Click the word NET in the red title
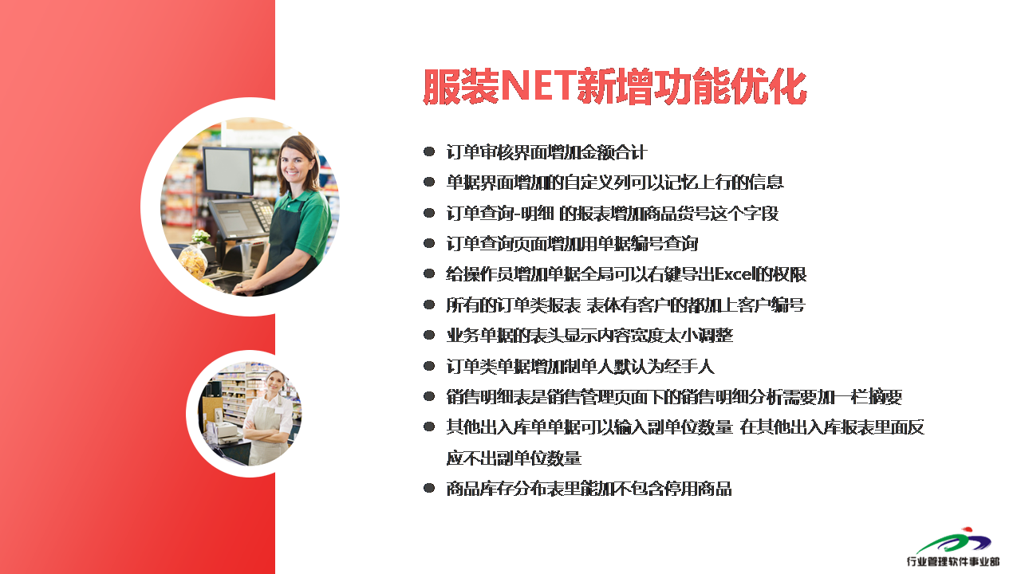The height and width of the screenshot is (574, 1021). (x=538, y=86)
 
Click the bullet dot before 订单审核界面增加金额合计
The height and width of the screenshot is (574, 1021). (x=429, y=151)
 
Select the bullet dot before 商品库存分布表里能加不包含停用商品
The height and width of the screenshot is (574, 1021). (x=429, y=489)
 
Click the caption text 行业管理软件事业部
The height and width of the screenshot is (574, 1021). (x=953, y=561)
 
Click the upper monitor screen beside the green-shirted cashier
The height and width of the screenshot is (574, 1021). (x=227, y=170)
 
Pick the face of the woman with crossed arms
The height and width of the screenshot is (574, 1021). (x=276, y=382)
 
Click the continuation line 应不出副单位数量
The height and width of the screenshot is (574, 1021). (x=514, y=458)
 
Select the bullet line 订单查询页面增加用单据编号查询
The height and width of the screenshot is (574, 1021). (x=572, y=244)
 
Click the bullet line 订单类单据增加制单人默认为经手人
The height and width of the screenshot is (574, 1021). (x=580, y=366)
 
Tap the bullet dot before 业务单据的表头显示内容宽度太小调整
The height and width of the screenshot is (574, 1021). (x=429, y=336)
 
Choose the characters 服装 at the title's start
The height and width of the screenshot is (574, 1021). (x=461, y=86)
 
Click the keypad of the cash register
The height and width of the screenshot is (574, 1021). (x=263, y=213)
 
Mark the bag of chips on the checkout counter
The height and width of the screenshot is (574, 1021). (x=192, y=261)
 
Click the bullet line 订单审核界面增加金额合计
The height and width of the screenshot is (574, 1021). (x=546, y=152)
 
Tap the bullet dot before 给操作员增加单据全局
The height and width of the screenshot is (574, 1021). (x=429, y=273)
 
